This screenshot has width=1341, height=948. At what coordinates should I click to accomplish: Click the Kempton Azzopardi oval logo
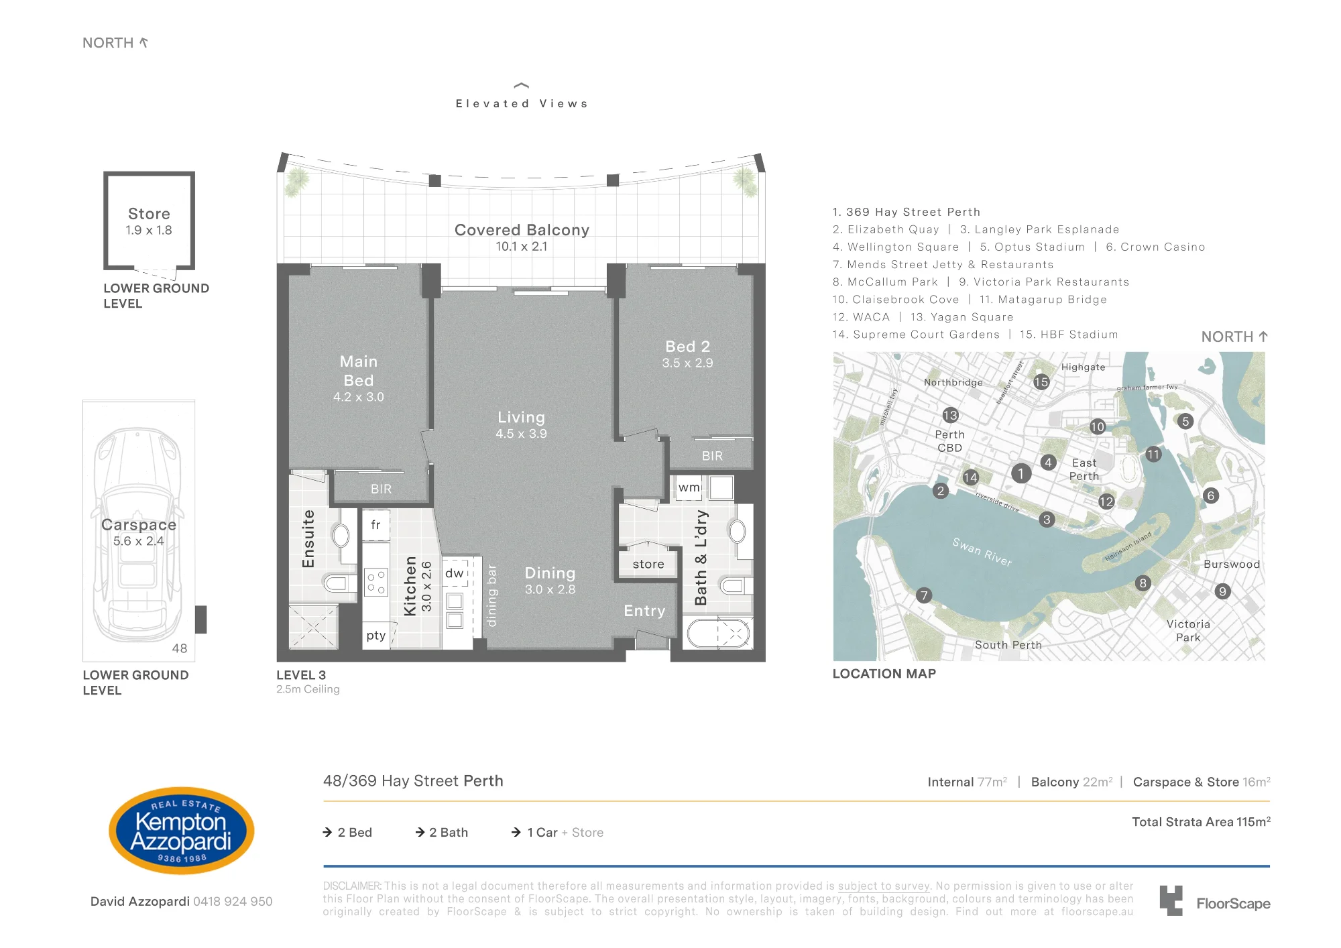click(x=181, y=831)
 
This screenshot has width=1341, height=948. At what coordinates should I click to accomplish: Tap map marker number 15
click(x=1041, y=382)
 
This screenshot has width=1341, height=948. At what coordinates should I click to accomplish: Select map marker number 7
click(x=924, y=595)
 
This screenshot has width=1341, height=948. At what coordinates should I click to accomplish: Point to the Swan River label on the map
click(x=982, y=552)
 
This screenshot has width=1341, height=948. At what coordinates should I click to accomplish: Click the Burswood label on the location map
click(x=1232, y=565)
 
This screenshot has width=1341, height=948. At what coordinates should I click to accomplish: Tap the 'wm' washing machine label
click(x=689, y=487)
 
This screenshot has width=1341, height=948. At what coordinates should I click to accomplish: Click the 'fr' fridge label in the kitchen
click(x=375, y=524)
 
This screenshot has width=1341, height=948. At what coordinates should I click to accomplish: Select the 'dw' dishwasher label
click(x=454, y=573)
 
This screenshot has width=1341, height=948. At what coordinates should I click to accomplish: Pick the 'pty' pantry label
click(x=375, y=636)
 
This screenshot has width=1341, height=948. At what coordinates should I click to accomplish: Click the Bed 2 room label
click(x=687, y=347)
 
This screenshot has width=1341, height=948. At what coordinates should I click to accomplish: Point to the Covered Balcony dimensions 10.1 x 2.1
click(x=522, y=247)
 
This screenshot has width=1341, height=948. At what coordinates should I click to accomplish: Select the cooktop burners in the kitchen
click(x=375, y=582)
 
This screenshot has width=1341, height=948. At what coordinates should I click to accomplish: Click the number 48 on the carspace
click(x=180, y=648)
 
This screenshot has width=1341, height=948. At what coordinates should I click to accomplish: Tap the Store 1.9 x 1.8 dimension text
click(x=149, y=231)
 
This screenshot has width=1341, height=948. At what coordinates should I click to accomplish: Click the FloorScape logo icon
click(x=1171, y=900)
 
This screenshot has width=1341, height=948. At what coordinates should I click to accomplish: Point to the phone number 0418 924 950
click(x=233, y=902)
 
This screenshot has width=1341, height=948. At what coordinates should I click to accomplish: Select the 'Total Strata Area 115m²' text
click(x=1201, y=822)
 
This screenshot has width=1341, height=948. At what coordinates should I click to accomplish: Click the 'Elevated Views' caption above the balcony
click(x=522, y=104)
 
